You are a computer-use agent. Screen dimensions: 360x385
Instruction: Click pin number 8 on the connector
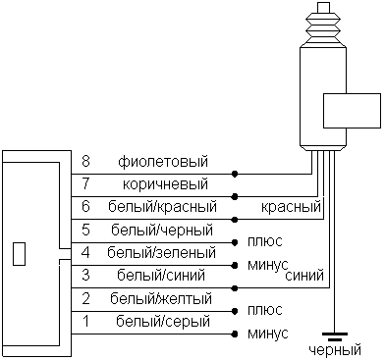click(86, 160)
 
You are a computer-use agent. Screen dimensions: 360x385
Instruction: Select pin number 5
click(86, 230)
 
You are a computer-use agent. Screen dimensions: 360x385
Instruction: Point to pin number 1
click(86, 321)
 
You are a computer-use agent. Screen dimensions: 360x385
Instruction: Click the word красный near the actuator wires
click(292, 207)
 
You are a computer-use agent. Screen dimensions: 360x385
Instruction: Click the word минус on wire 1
click(268, 334)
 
